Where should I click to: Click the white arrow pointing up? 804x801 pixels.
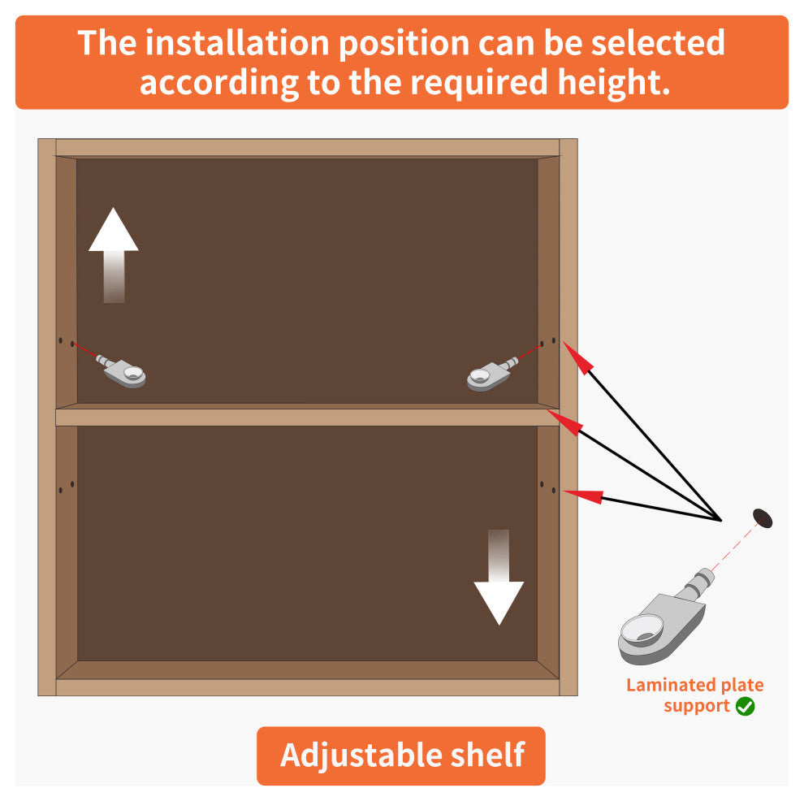(114, 255)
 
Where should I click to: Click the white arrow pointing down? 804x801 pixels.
(499, 577)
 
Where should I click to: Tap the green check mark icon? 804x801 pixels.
(745, 706)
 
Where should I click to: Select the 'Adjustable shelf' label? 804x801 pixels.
(401, 755)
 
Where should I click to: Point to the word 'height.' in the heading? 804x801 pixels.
(614, 83)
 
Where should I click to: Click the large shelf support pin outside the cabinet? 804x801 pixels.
(665, 617)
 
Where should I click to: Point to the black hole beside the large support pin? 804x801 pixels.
(763, 518)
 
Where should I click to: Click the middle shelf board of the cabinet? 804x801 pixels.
(307, 415)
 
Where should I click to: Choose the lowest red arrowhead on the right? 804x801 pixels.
(583, 496)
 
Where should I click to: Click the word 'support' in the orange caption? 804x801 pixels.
(696, 707)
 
